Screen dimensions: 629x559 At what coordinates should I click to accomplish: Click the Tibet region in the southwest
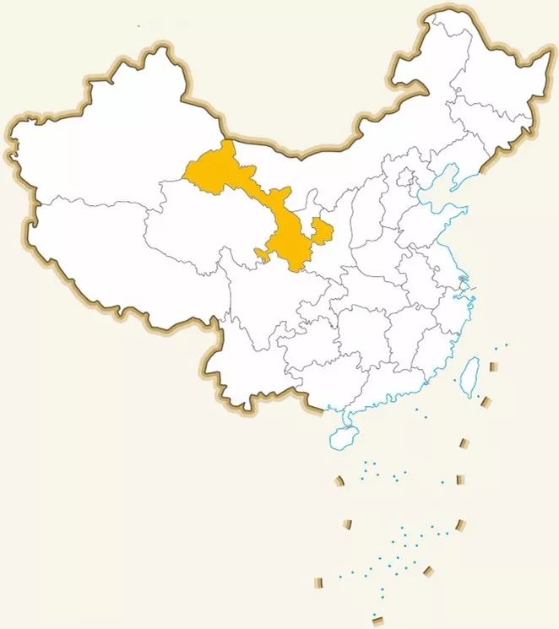pos(101,253)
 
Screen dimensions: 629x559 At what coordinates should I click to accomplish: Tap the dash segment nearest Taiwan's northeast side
pos(495,367)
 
